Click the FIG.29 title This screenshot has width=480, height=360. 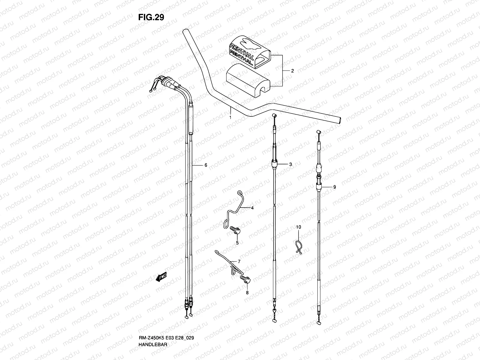click(x=151, y=18)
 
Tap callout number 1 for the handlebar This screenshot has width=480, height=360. click(x=230, y=118)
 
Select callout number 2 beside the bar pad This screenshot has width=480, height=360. click(x=292, y=71)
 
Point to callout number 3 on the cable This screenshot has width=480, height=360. click(x=290, y=164)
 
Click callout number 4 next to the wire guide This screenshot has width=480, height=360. click(x=252, y=208)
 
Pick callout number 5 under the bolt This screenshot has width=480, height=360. click(x=237, y=243)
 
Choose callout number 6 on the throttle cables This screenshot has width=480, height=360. click(x=206, y=165)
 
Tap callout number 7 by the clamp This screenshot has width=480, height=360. click(x=239, y=262)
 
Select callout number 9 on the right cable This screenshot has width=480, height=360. click(x=334, y=187)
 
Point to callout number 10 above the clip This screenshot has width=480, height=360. click(x=298, y=227)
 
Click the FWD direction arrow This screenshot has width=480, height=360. click(x=161, y=278)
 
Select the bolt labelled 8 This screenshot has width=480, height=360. click(x=245, y=279)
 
